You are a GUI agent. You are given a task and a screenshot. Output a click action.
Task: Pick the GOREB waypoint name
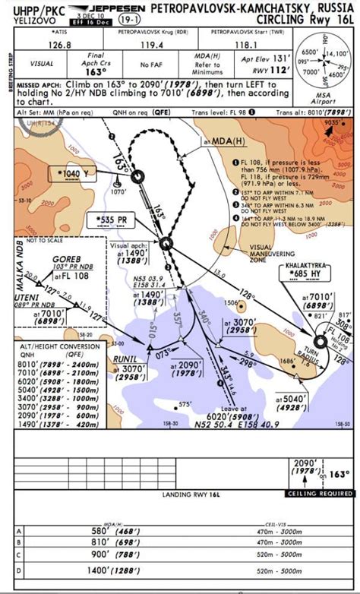tap(67, 260)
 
